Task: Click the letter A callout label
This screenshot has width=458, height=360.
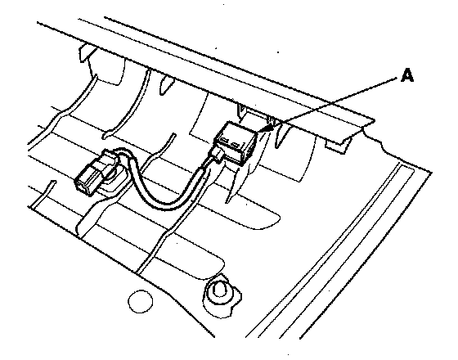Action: [407, 75]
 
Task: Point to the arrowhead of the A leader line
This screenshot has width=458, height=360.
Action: [268, 128]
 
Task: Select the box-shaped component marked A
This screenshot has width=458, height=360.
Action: [236, 143]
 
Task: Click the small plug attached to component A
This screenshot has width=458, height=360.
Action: [217, 154]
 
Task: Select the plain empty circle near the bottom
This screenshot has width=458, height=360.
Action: [140, 301]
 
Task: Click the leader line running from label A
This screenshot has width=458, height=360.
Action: [333, 102]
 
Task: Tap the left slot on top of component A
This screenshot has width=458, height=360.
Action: [224, 140]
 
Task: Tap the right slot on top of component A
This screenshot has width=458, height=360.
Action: [236, 144]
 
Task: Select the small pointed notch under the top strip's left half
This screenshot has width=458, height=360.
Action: [166, 85]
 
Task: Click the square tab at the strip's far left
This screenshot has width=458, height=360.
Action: [87, 53]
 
